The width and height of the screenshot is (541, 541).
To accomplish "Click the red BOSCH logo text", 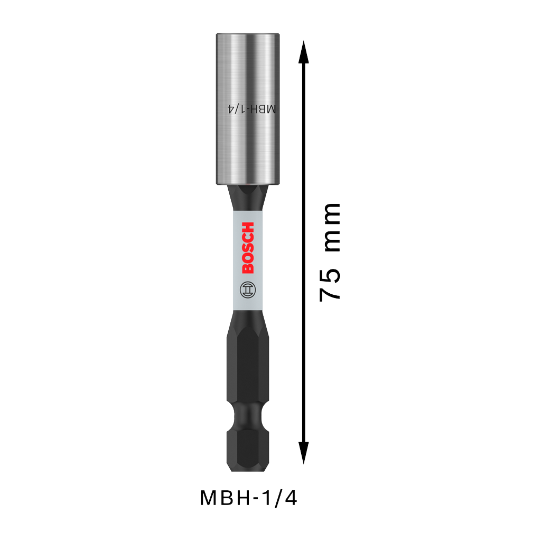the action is (x=248, y=248).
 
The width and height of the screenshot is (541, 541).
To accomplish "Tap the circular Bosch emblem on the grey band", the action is (x=248, y=290).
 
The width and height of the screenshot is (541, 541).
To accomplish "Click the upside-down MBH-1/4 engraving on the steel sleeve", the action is (x=252, y=109).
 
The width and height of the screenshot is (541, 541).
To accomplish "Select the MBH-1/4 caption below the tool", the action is (x=248, y=498).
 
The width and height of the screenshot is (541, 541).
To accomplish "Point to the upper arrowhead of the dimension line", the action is (x=304, y=52).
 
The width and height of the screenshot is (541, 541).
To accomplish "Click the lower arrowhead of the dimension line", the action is (x=304, y=453).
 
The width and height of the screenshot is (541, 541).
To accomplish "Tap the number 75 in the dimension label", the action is (x=330, y=285).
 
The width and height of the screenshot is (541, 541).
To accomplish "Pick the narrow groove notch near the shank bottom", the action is (x=248, y=416).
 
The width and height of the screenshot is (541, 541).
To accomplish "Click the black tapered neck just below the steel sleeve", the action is (x=248, y=198).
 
